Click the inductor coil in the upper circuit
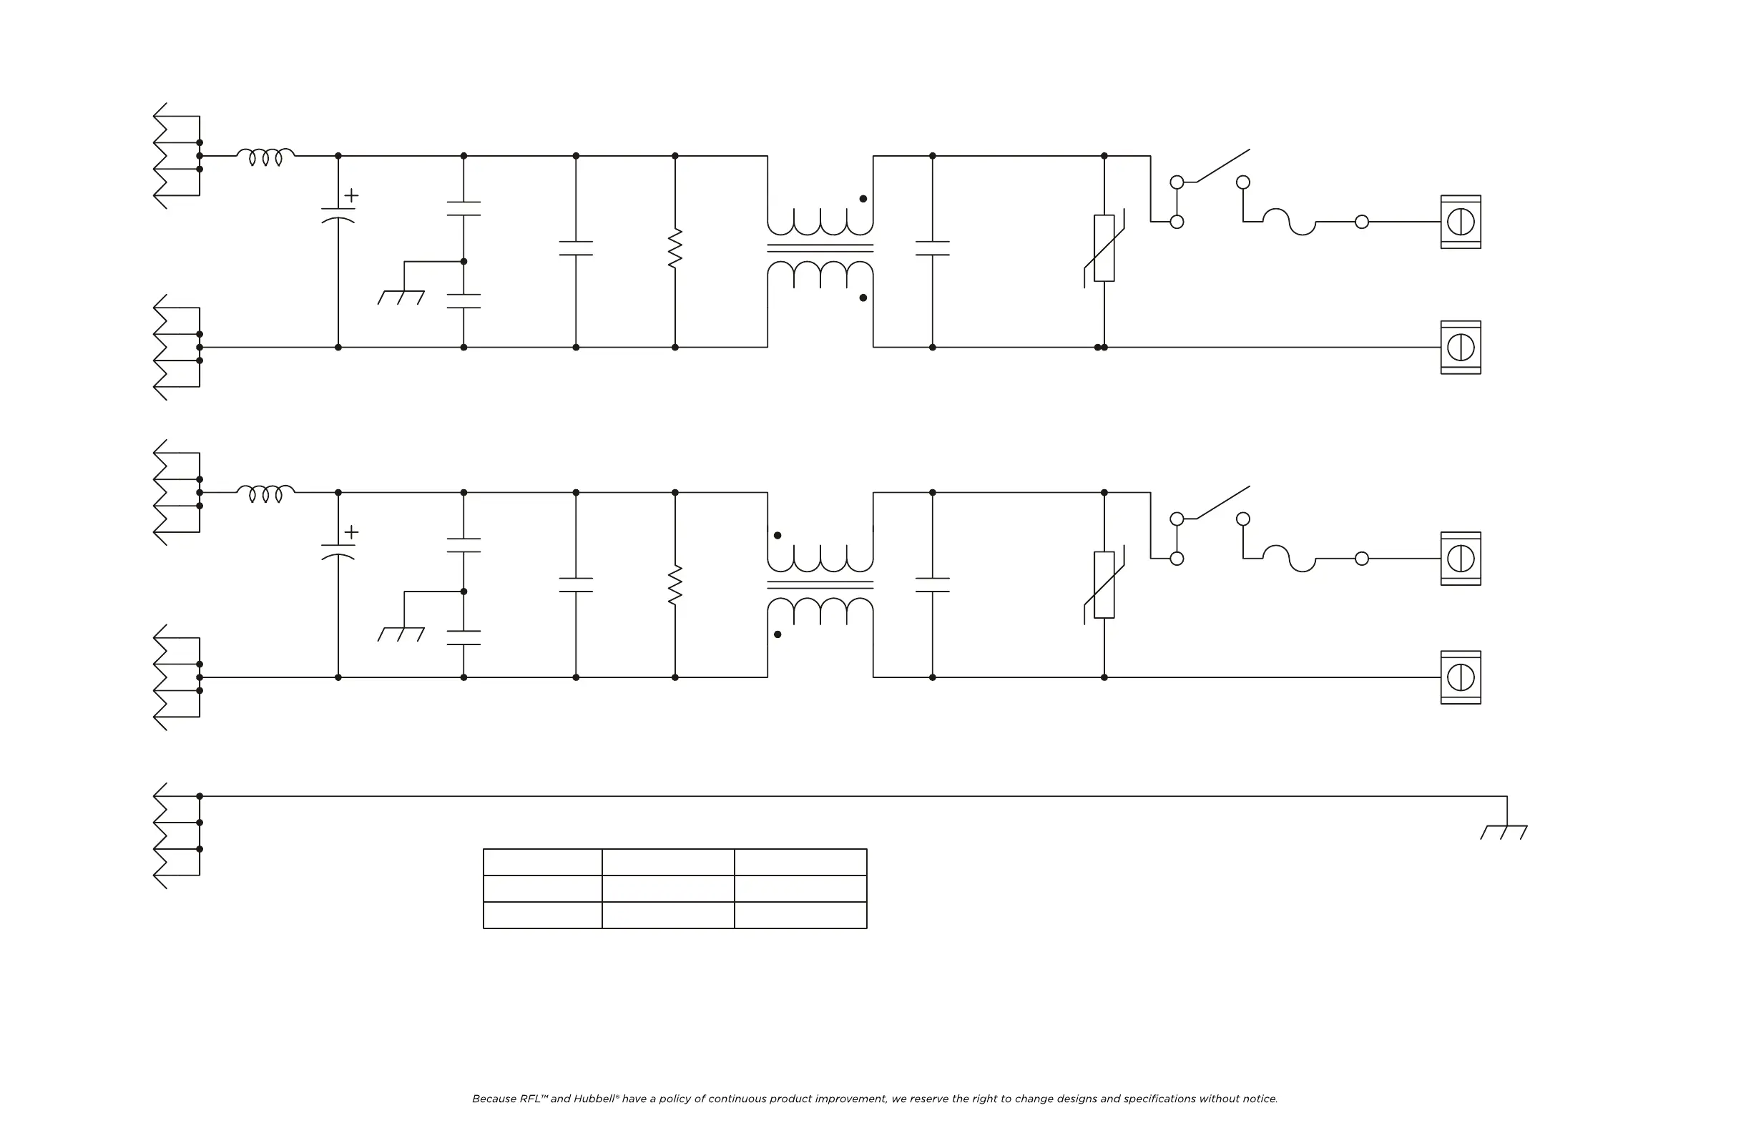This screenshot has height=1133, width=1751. pyautogui.click(x=265, y=156)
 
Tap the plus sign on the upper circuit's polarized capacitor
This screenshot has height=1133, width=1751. pyautogui.click(x=352, y=195)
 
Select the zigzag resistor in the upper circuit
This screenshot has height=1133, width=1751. pyautogui.click(x=675, y=249)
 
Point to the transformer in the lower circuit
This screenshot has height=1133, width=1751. pyautogui.click(x=820, y=585)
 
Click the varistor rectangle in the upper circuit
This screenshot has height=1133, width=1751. pyautogui.click(x=1104, y=248)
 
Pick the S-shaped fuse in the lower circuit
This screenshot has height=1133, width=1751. pyautogui.click(x=1289, y=559)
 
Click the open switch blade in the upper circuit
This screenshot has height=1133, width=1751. pyautogui.click(x=1222, y=165)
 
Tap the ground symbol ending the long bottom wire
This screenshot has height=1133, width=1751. pyautogui.click(x=1504, y=831)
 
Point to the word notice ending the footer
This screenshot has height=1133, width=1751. pyautogui.click(x=1260, y=1099)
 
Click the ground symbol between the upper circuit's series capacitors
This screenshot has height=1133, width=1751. pyautogui.click(x=401, y=297)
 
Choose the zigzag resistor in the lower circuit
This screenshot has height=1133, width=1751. pyautogui.click(x=675, y=585)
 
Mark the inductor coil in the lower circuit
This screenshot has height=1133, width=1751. pyautogui.click(x=265, y=493)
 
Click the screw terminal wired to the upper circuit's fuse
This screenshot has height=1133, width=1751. pyautogui.click(x=1461, y=222)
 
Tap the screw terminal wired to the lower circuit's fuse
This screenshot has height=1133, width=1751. pyautogui.click(x=1461, y=559)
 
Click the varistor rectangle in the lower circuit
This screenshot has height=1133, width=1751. pyautogui.click(x=1104, y=585)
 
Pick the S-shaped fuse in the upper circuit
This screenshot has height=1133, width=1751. pyautogui.click(x=1289, y=222)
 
